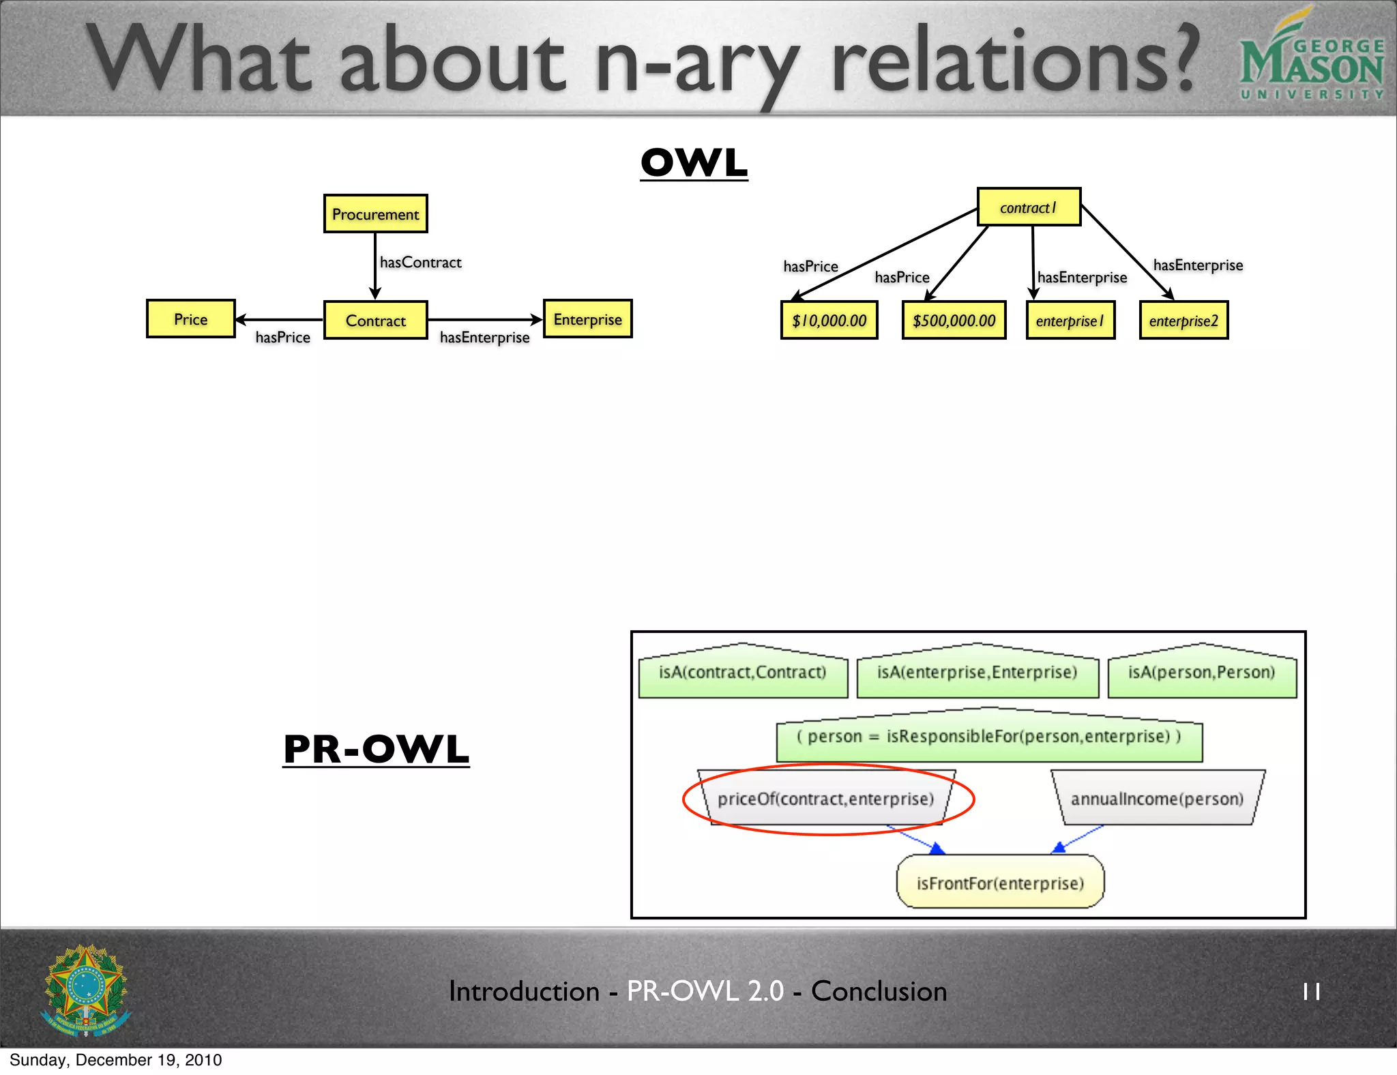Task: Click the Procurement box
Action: click(375, 214)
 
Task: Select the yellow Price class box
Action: click(190, 319)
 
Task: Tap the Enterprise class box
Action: click(587, 319)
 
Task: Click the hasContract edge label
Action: click(420, 263)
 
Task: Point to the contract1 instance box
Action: click(1028, 207)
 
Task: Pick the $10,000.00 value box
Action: click(829, 321)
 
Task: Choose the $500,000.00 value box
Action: click(954, 321)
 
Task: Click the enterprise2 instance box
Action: click(1183, 321)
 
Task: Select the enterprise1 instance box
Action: click(1070, 321)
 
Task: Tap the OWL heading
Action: click(694, 163)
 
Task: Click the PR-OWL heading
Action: click(376, 749)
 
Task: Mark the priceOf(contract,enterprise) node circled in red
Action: click(825, 799)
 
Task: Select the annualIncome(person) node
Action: click(1157, 799)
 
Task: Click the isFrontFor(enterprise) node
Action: click(999, 883)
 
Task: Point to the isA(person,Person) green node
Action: click(1201, 673)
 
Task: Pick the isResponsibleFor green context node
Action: click(988, 737)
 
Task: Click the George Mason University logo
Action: click(1310, 58)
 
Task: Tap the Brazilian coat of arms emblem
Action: click(86, 990)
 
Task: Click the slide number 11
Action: click(1311, 991)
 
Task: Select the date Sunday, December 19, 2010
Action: click(116, 1060)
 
